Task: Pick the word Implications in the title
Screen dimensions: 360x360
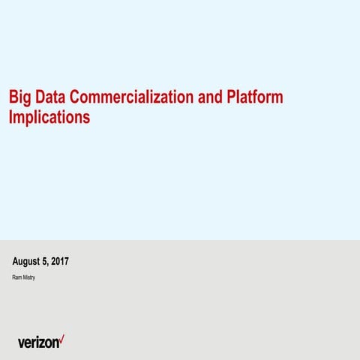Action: click(x=49, y=118)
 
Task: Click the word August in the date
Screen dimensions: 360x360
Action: click(x=28, y=262)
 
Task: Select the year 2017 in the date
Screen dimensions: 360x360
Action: click(x=61, y=262)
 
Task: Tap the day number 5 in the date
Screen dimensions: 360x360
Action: click(x=46, y=262)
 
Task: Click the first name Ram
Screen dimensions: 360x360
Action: click(x=16, y=278)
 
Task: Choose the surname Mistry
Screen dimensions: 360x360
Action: click(x=28, y=278)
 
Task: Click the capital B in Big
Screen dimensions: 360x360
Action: click(x=12, y=98)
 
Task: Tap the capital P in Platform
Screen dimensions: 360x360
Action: click(x=230, y=98)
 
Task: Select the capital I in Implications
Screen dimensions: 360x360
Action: click(x=10, y=118)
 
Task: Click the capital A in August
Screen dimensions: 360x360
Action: click(x=16, y=262)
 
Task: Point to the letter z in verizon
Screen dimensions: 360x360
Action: click(x=40, y=343)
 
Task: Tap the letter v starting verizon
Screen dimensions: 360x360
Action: click(x=21, y=343)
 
